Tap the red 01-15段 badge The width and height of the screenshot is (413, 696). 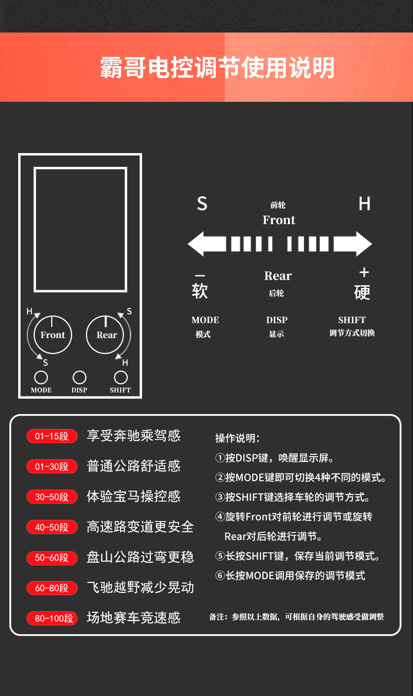click(52, 436)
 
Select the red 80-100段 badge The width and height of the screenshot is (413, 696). click(52, 618)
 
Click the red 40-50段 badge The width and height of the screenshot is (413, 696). click(52, 527)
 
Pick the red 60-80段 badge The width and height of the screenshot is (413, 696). click(52, 588)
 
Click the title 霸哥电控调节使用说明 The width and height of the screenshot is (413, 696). click(217, 67)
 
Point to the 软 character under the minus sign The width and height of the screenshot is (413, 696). click(200, 291)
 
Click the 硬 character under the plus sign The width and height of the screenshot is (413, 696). click(362, 292)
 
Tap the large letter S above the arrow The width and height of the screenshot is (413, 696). click(202, 204)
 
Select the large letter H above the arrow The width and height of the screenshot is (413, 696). click(365, 204)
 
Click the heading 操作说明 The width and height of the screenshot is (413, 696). click(237, 438)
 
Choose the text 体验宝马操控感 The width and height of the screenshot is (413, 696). click(134, 496)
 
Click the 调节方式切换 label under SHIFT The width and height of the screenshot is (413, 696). click(352, 333)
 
